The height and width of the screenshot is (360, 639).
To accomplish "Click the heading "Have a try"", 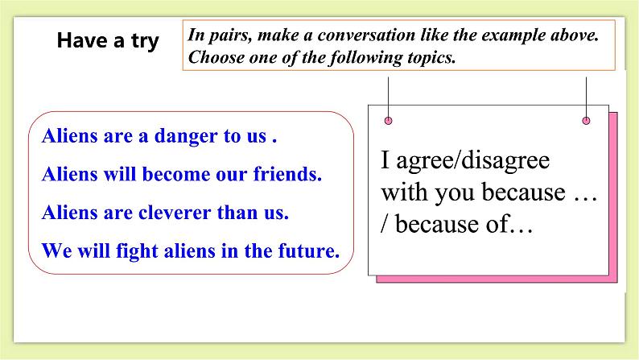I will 108,41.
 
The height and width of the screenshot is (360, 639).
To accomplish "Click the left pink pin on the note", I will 389,121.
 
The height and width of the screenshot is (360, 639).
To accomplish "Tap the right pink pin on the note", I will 586,121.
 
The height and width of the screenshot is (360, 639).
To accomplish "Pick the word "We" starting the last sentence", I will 52,250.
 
